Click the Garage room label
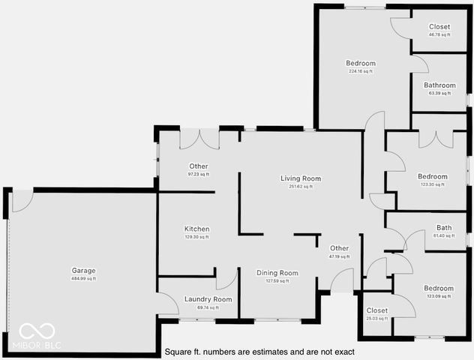click(84, 271)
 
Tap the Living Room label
click(301, 178)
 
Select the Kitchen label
click(197, 229)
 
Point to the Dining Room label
click(277, 273)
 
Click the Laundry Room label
click(208, 299)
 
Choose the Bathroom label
click(439, 85)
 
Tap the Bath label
click(444, 228)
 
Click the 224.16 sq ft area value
click(361, 71)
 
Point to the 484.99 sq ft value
click(84, 278)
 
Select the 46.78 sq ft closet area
click(439, 34)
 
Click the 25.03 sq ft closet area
click(376, 318)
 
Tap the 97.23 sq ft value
click(199, 174)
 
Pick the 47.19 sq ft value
click(339, 256)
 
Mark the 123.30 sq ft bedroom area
click(432, 184)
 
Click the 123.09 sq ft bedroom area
click(439, 296)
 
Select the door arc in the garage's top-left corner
click(22, 200)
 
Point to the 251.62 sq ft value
click(301, 186)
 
